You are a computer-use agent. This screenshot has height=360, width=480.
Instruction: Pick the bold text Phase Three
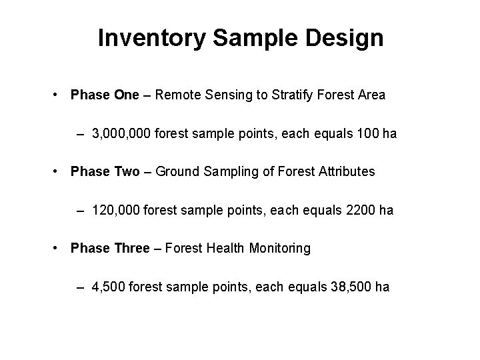click(x=110, y=248)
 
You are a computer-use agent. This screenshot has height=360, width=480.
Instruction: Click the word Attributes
click(x=347, y=171)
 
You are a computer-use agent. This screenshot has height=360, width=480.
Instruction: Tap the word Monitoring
click(x=279, y=248)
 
